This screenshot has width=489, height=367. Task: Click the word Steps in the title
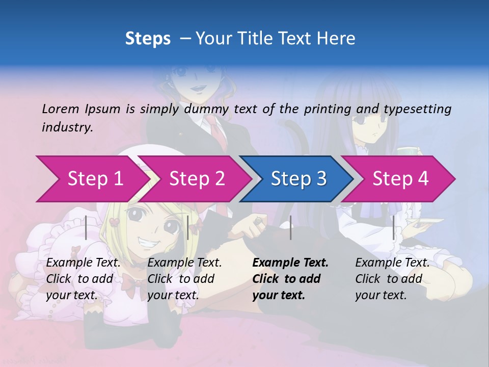[148, 39]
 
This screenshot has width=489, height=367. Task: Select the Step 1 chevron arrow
[92, 178]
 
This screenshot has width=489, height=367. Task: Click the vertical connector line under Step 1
[86, 227]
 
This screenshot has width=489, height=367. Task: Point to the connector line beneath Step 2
[188, 227]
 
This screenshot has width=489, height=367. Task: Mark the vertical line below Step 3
[290, 227]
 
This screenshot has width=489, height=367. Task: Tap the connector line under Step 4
[393, 227]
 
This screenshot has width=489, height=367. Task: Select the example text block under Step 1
[84, 278]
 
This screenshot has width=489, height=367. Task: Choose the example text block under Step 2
[184, 278]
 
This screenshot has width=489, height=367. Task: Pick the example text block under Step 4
[392, 278]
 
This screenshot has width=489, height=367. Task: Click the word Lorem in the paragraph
[61, 109]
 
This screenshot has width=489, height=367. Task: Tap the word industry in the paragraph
[67, 127]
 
